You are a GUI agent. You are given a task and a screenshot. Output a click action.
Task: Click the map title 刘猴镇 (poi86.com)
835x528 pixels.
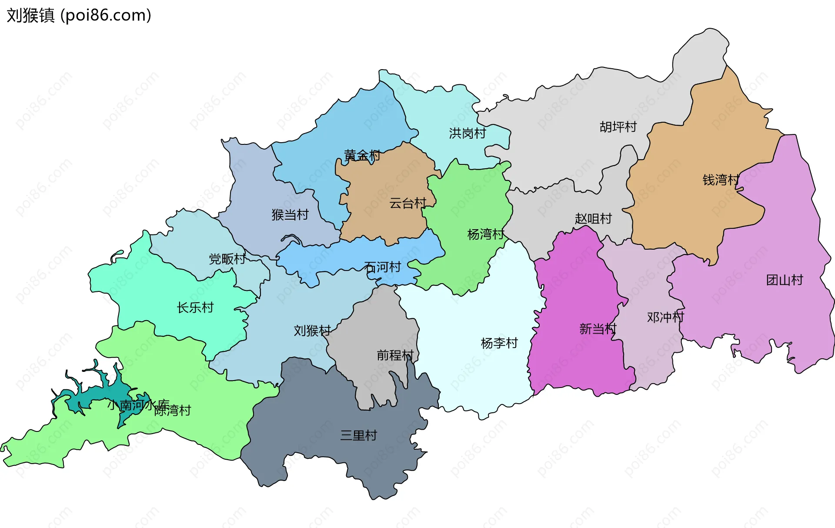click(79, 16)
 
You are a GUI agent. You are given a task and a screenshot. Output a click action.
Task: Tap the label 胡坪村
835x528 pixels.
click(618, 127)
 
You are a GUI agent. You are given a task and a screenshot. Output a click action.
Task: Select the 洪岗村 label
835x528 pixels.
click(468, 133)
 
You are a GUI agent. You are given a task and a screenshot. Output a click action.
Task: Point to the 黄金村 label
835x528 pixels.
click(362, 155)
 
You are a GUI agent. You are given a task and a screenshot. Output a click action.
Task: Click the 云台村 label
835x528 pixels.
click(407, 203)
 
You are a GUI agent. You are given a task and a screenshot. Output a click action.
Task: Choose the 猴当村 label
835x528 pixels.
click(290, 214)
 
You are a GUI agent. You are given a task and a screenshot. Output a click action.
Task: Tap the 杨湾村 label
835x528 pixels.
click(485, 234)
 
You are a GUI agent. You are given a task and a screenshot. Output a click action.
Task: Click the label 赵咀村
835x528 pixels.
click(593, 218)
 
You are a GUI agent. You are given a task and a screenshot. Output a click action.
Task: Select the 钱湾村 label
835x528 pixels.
click(721, 180)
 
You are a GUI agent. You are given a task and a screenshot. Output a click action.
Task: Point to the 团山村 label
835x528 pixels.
click(785, 280)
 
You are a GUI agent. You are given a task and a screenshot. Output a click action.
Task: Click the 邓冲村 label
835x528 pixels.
click(665, 317)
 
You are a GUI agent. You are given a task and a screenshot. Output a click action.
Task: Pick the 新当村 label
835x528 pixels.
click(598, 329)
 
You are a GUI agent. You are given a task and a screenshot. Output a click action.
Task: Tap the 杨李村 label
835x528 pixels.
click(499, 343)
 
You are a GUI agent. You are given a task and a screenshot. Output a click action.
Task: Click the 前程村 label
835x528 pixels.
click(395, 355)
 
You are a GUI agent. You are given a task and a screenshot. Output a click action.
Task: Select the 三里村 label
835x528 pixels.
click(358, 435)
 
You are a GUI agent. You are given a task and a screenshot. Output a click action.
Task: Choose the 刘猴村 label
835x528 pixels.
click(312, 331)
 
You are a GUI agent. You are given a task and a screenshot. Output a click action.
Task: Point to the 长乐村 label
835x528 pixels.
click(195, 307)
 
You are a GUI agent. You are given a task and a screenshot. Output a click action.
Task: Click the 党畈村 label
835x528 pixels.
click(227, 259)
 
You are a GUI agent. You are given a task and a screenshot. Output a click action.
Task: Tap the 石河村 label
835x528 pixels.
click(382, 267)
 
